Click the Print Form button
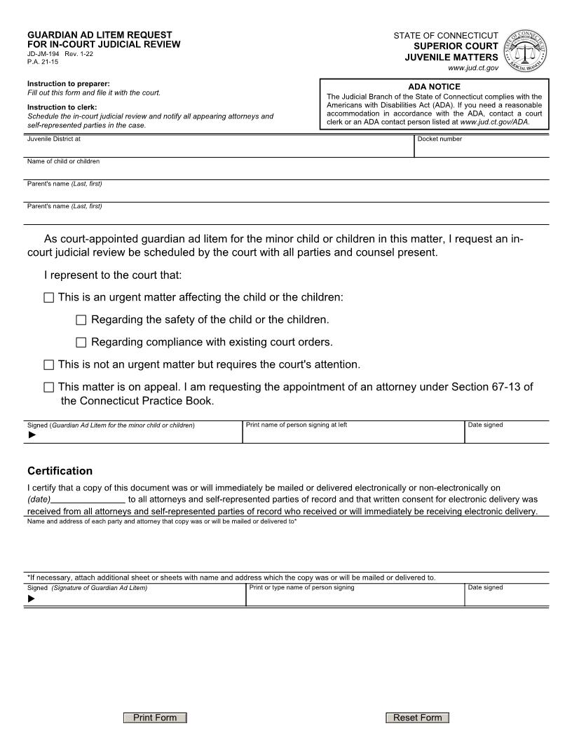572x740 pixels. tap(155, 718)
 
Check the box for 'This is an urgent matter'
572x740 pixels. tap(48, 298)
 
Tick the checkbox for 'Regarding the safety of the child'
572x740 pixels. tap(81, 320)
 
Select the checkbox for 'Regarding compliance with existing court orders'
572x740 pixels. tap(81, 343)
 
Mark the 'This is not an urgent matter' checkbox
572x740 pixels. tap(48, 365)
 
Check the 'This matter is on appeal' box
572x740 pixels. tap(48, 388)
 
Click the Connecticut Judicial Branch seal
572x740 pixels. tap(525, 51)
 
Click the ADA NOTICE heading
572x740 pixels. tap(434, 87)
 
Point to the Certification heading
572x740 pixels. tap(60, 471)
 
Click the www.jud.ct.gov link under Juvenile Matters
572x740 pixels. tap(473, 68)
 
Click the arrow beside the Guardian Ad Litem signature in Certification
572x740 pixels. tap(31, 599)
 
